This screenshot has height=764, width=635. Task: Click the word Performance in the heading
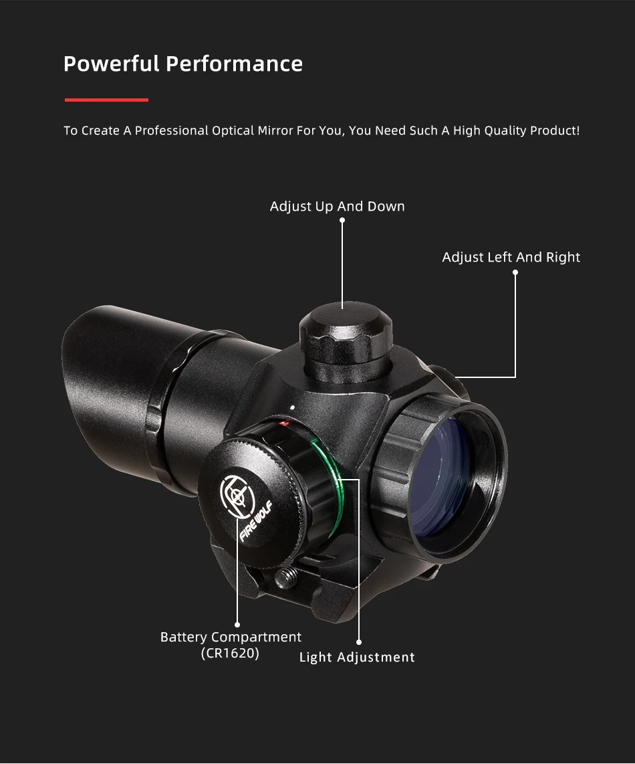click(x=234, y=64)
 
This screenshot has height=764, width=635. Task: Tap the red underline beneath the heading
click(x=106, y=100)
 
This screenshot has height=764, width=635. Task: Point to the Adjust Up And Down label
click(x=337, y=207)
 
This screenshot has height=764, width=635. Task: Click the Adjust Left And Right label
click(x=511, y=258)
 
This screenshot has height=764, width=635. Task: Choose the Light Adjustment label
click(x=357, y=657)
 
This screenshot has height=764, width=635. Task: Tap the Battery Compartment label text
click(x=231, y=638)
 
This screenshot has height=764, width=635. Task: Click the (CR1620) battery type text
click(x=230, y=654)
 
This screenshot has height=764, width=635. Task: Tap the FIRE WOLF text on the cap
click(x=255, y=521)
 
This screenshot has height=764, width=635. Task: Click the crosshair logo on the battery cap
click(x=237, y=495)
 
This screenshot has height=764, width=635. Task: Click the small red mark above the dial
click(x=283, y=423)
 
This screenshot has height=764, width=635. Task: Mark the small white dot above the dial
click(x=293, y=407)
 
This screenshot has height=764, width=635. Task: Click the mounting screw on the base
click(x=285, y=579)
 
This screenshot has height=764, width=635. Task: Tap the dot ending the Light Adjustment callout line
click(x=359, y=642)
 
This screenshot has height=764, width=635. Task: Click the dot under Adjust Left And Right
click(x=515, y=273)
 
